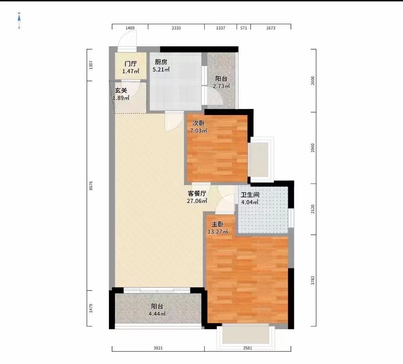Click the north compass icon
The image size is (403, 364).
click(x=19, y=21)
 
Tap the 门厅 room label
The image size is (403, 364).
click(x=131, y=64)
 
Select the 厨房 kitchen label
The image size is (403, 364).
click(x=161, y=62)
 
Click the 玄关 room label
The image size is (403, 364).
click(x=121, y=91)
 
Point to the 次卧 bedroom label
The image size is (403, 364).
click(x=199, y=123)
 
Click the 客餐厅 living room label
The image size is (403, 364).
click(x=197, y=193)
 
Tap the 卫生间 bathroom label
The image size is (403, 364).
click(x=250, y=195)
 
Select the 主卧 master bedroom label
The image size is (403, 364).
click(x=217, y=224)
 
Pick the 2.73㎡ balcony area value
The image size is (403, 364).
click(x=221, y=86)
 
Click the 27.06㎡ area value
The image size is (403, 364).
click(x=197, y=201)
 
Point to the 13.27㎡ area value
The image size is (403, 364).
click(x=218, y=232)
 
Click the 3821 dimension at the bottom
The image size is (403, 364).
click(x=158, y=348)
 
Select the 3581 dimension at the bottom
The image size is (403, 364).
click(x=247, y=348)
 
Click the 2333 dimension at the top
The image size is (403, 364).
click(x=176, y=28)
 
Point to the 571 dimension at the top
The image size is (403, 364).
click(x=243, y=28)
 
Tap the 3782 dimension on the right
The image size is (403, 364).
click(x=313, y=280)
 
